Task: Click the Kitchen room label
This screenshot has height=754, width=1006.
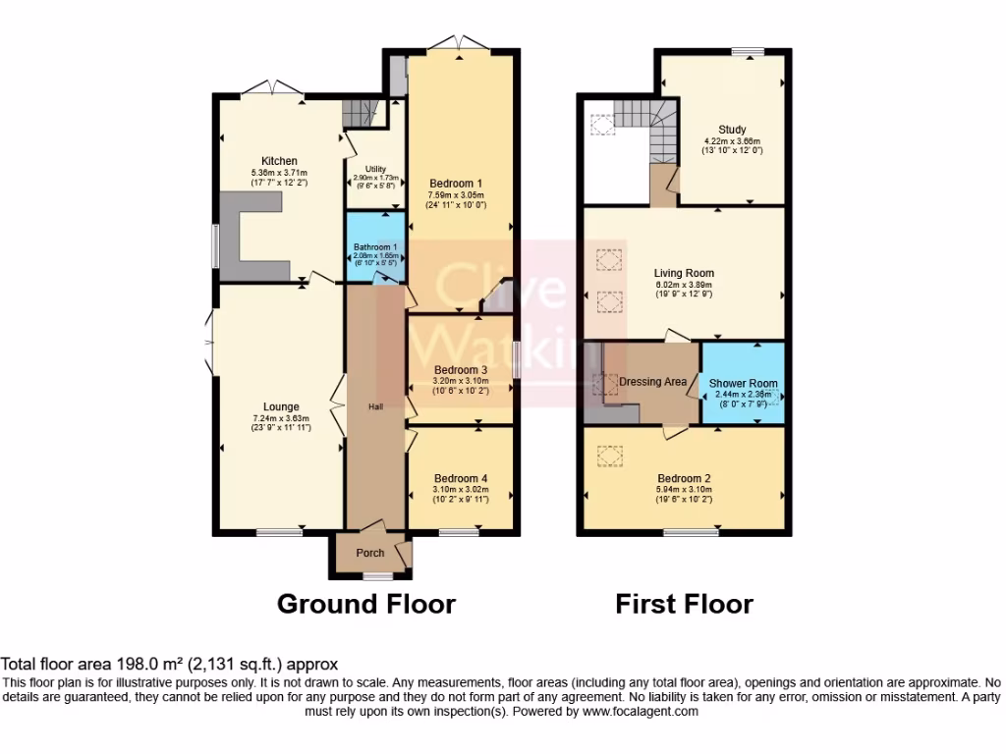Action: (279, 161)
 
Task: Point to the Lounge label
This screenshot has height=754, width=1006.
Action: (281, 406)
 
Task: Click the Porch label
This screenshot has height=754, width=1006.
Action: (369, 553)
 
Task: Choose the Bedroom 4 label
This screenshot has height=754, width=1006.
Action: (461, 478)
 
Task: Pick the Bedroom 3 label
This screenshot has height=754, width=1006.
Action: (461, 370)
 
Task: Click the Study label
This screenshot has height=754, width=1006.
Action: (732, 130)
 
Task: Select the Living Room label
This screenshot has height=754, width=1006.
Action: (684, 273)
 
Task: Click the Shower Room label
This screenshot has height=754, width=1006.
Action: (744, 384)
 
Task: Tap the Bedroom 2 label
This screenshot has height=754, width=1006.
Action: (684, 479)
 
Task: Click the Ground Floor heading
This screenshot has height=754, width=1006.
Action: (366, 603)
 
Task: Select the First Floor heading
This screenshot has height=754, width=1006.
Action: (684, 603)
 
